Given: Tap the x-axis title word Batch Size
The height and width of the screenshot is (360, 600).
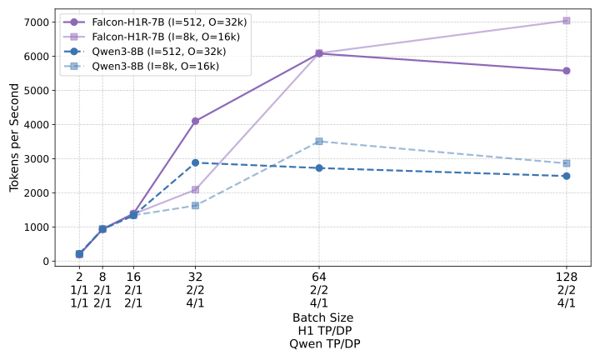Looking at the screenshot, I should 322,318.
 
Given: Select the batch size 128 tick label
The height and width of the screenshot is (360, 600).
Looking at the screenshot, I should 567,277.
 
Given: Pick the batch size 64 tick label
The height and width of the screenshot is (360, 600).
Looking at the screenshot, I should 319,277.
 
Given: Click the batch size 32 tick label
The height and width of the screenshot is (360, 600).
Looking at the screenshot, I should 195,277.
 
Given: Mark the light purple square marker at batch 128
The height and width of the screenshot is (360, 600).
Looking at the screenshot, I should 567,21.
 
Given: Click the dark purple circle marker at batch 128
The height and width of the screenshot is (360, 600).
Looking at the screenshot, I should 567,71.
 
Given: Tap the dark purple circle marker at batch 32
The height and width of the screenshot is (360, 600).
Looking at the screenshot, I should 195,121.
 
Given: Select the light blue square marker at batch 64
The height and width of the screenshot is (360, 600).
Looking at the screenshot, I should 319,141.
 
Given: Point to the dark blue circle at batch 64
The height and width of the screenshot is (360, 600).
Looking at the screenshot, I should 319,167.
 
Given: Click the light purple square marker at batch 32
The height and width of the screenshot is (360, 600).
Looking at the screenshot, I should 195,189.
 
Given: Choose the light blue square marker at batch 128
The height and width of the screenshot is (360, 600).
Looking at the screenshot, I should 567,163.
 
